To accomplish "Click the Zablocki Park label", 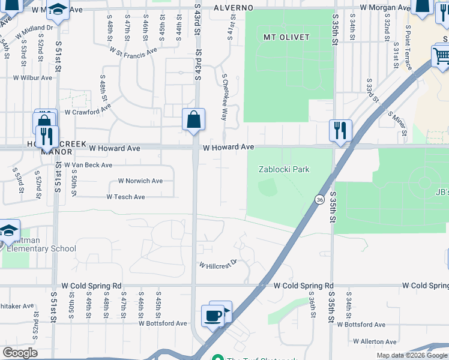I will coord(284,169).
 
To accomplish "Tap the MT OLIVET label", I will coord(287,37).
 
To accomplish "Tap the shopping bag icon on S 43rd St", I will coord(194,120).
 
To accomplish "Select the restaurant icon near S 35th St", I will coord(340,130).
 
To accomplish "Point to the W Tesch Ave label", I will coord(125,197).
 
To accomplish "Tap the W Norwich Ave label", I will coord(140,181).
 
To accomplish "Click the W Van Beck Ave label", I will coord(88,165).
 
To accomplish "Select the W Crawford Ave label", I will coord(88,110).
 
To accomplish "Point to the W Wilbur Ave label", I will coord(32,78).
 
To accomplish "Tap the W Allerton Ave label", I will coord(376,341).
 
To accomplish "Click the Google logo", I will coord(20,353).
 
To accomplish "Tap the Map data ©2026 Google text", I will coord(411,355).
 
